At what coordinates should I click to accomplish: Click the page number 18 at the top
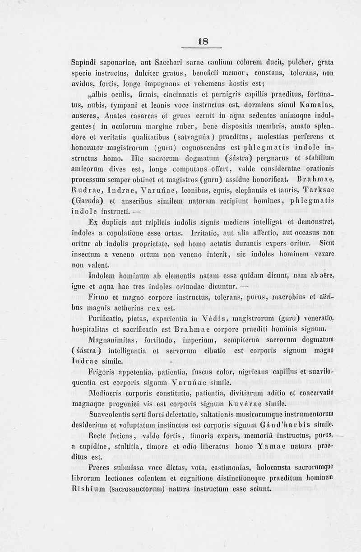coord(203,41)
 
